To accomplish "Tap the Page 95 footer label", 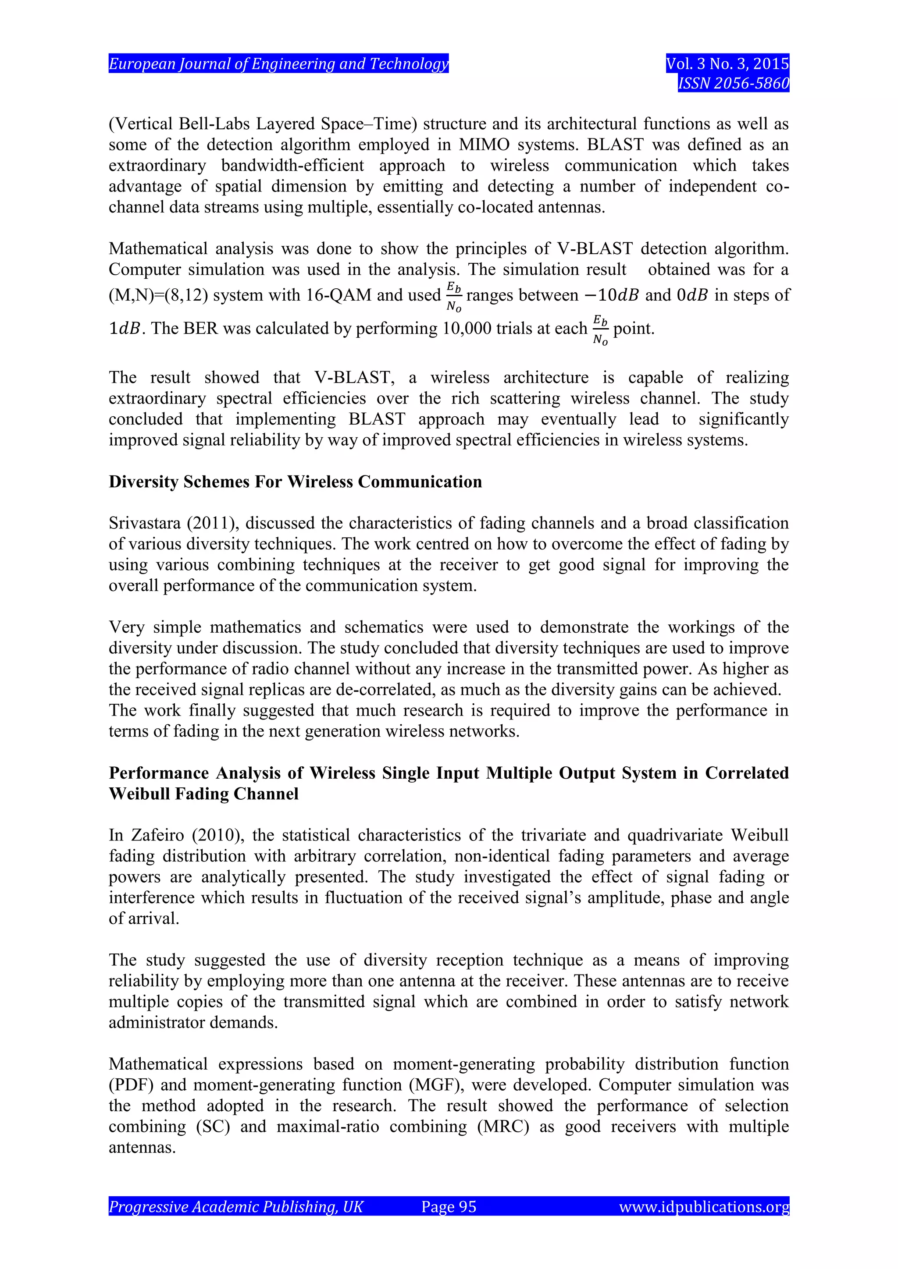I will [x=449, y=1206].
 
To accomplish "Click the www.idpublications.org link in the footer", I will [x=703, y=1206].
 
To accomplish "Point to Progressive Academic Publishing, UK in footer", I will [x=235, y=1206].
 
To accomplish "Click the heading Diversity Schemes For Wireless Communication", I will [x=295, y=482].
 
